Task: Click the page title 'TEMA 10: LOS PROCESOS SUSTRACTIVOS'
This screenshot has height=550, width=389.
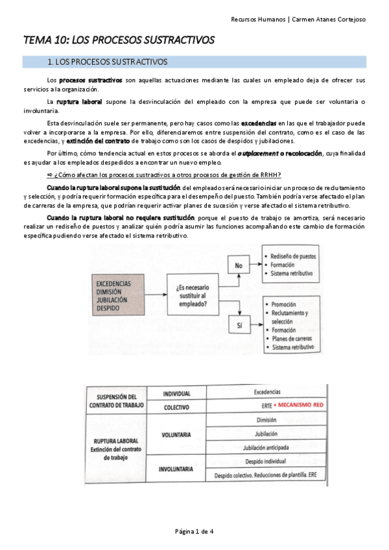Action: [119, 40]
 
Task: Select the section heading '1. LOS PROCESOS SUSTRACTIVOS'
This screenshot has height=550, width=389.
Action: [108, 62]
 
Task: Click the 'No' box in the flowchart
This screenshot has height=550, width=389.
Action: [239, 265]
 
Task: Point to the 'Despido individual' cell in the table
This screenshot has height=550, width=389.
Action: [266, 461]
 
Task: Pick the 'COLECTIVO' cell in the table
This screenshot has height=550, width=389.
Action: [176, 407]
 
